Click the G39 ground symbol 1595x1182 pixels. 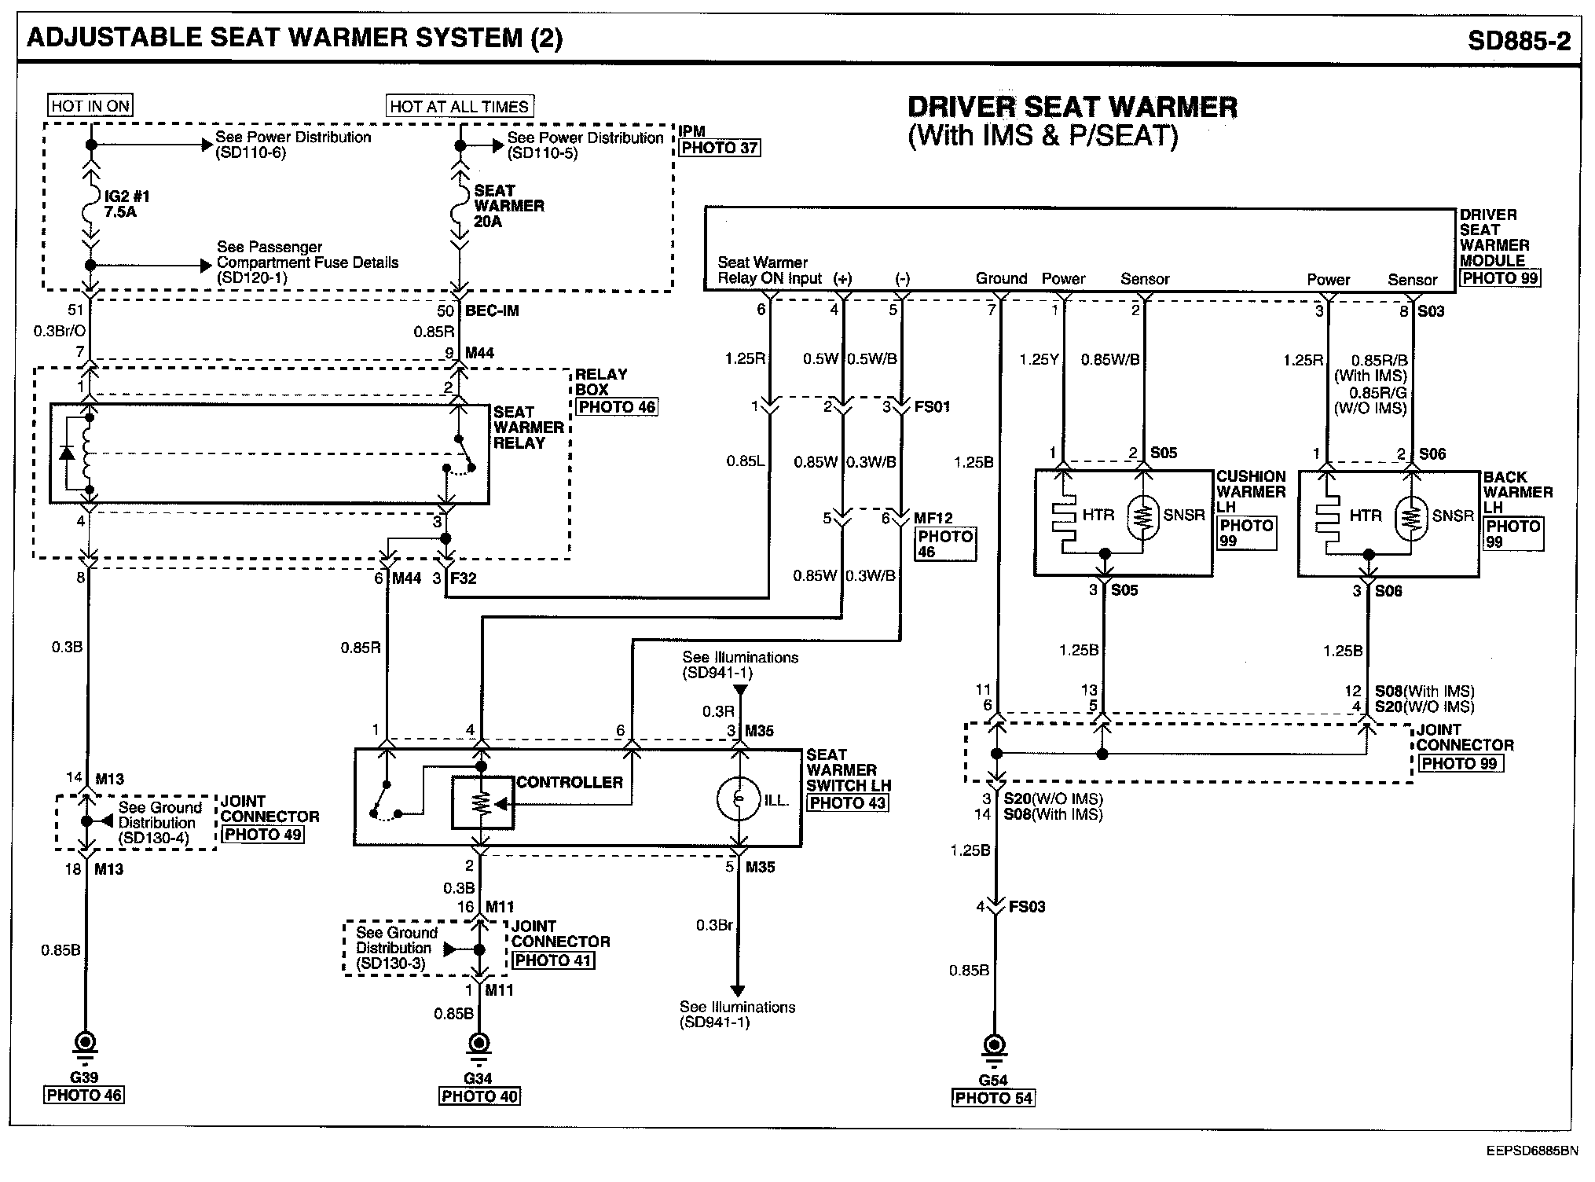[x=84, y=1044]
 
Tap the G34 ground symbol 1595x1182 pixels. [x=478, y=1044]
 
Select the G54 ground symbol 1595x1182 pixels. [x=994, y=1047]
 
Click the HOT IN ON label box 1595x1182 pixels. [x=90, y=105]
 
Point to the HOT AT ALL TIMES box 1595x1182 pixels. [x=460, y=106]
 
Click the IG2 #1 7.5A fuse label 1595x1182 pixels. [x=126, y=204]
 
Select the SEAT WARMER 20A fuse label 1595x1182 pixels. [x=508, y=206]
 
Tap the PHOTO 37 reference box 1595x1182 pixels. [x=720, y=148]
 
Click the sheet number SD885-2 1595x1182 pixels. [x=1519, y=41]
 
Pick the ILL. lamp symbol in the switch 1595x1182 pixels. [x=738, y=800]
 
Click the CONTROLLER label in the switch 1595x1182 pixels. [x=569, y=783]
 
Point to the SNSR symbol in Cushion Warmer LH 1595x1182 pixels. [x=1144, y=516]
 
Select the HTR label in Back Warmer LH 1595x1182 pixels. [x=1366, y=516]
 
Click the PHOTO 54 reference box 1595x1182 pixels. [x=994, y=1098]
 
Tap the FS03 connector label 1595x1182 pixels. [x=1026, y=907]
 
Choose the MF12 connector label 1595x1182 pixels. [x=933, y=519]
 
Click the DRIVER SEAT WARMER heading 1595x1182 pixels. [x=1072, y=108]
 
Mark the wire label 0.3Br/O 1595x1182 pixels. [x=60, y=332]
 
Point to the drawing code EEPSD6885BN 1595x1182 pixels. [x=1531, y=1151]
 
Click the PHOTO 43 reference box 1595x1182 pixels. [x=848, y=802]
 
